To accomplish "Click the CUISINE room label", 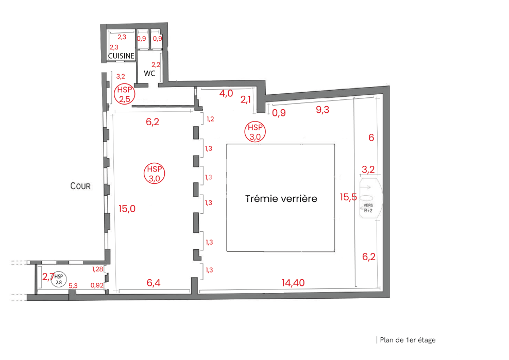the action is pyautogui.click(x=121, y=56).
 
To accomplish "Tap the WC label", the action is pyautogui.click(x=149, y=73).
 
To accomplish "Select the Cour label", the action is pyautogui.click(x=80, y=186).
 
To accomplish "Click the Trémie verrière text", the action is pyautogui.click(x=281, y=198).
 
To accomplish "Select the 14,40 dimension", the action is pyautogui.click(x=293, y=283).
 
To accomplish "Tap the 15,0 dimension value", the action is pyautogui.click(x=127, y=209).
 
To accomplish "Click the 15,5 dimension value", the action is pyautogui.click(x=348, y=197).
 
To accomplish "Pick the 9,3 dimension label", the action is pyautogui.click(x=323, y=110).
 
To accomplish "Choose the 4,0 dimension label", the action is pyautogui.click(x=226, y=94).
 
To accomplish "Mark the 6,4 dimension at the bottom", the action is pyautogui.click(x=154, y=283).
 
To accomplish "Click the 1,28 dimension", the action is pyautogui.click(x=97, y=269).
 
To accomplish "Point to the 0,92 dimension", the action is pyautogui.click(x=97, y=285).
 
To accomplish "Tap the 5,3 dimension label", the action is pyautogui.click(x=73, y=286).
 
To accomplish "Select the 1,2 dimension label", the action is pyautogui.click(x=210, y=119).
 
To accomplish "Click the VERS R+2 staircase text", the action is pyautogui.click(x=368, y=208).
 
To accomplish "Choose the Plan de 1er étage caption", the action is pyautogui.click(x=408, y=340).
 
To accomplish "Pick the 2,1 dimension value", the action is pyautogui.click(x=246, y=100).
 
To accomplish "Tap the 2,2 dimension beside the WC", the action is pyautogui.click(x=156, y=64).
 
